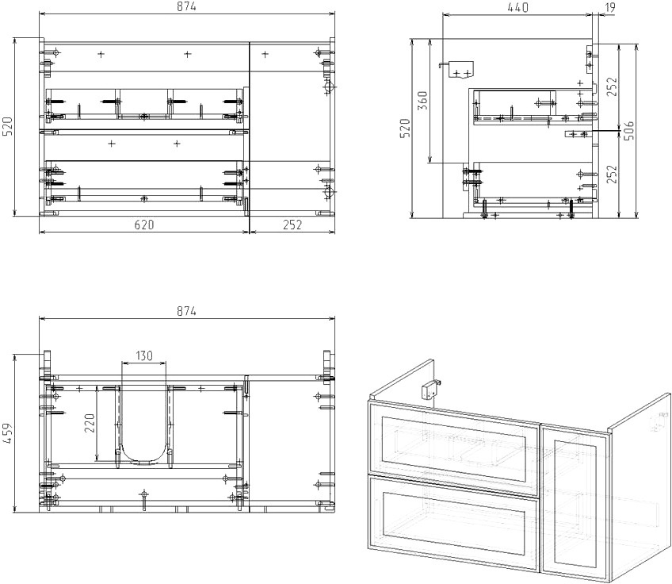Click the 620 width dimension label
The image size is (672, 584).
point(144,225)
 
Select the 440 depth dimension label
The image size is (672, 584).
point(517,7)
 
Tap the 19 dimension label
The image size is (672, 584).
point(610,7)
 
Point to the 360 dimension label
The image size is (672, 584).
point(422,100)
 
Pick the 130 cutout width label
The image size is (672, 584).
point(144,355)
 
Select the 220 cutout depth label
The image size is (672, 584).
point(89,423)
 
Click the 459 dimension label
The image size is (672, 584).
point(8,433)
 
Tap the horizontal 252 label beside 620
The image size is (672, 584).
point(292,225)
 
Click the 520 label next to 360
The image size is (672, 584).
point(405,128)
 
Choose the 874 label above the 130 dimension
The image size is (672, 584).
point(186,311)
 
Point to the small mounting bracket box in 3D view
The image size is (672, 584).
point(430,391)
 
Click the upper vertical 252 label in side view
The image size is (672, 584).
point(612,86)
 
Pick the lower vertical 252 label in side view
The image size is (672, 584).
point(612,174)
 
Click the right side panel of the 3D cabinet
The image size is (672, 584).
point(640,485)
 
